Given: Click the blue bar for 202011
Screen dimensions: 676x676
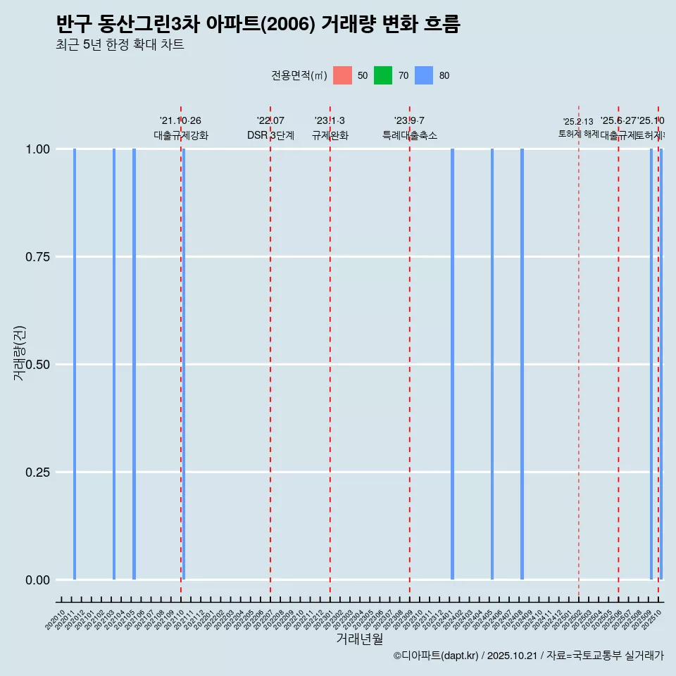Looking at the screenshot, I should point(75,364).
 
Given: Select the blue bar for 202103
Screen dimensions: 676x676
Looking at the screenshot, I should point(114,364).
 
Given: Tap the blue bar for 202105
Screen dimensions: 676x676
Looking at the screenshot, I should point(134,364).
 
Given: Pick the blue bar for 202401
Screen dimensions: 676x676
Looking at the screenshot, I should point(452,364).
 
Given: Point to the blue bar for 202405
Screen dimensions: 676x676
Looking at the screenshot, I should point(492,364).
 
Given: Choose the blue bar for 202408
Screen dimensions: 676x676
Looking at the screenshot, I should point(522,364).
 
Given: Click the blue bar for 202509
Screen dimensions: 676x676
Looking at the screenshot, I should point(651,364).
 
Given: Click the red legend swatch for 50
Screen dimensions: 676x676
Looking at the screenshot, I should point(342,75).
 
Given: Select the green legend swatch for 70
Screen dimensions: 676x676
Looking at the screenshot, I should point(383,75).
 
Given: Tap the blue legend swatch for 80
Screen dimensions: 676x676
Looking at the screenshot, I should point(424,75).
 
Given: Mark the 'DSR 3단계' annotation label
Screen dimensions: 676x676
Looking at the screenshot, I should point(270,135).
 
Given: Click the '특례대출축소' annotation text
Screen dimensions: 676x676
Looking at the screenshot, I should point(410,135).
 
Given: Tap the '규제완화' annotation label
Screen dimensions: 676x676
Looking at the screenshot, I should point(330,135).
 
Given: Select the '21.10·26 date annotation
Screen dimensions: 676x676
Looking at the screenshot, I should point(180,121).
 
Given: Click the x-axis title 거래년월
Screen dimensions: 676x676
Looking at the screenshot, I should point(359,639).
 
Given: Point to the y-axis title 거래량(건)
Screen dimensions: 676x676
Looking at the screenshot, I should point(20,352).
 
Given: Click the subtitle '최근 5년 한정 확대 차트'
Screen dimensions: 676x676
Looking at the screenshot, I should point(120,45).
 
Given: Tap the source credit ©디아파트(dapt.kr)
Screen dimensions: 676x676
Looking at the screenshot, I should point(437,656).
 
